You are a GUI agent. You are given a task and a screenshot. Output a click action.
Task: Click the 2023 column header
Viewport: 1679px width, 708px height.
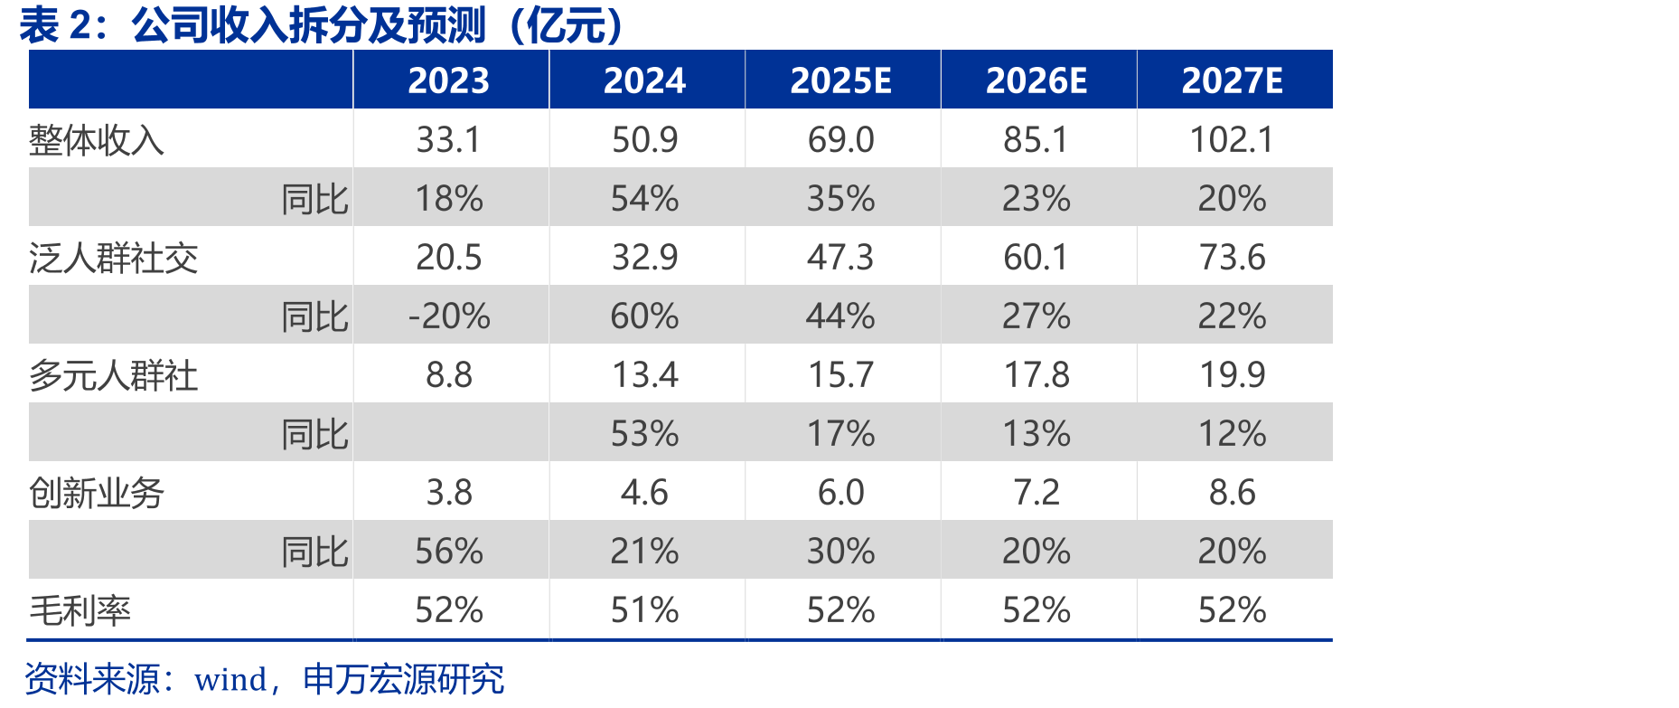tap(449, 81)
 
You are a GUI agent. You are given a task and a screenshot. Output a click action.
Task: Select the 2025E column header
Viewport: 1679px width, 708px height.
tap(841, 81)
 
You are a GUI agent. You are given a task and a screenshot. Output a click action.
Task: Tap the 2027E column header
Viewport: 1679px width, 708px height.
tap(1233, 81)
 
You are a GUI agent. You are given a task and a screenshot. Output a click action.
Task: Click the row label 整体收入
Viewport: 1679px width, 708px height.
tap(97, 140)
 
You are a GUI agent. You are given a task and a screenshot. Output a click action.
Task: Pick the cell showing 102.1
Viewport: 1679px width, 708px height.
tap(1233, 140)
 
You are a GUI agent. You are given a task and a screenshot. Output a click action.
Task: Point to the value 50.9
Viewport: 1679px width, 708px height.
tap(645, 140)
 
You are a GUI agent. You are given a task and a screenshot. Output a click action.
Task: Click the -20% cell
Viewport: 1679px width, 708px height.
tap(449, 316)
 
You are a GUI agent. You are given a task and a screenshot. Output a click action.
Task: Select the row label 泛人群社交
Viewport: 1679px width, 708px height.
tap(114, 259)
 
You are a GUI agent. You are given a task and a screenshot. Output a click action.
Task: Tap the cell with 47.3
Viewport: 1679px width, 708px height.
tap(841, 258)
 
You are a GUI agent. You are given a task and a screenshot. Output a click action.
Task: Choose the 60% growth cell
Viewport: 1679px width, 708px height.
tap(645, 316)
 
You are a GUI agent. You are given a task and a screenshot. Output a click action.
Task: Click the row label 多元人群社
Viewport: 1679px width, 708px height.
tap(114, 376)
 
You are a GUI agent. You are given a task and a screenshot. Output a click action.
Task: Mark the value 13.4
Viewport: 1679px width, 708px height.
tap(645, 375)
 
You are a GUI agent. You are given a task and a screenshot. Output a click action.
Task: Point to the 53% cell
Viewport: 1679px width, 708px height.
tap(645, 434)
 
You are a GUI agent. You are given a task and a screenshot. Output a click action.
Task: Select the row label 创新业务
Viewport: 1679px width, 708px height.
tap(97, 494)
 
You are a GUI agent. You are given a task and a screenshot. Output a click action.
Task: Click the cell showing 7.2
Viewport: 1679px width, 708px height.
tap(1036, 493)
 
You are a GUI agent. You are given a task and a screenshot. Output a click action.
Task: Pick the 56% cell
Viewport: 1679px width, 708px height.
tap(449, 552)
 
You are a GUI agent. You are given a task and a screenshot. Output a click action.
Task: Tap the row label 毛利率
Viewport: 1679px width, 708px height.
tap(80, 611)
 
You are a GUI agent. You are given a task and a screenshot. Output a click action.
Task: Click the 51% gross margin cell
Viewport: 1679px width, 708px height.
tap(645, 610)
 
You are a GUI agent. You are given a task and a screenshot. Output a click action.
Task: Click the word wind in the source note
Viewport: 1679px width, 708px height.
tap(230, 680)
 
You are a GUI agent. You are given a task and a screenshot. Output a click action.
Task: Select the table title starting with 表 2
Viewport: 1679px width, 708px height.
tap(322, 25)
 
